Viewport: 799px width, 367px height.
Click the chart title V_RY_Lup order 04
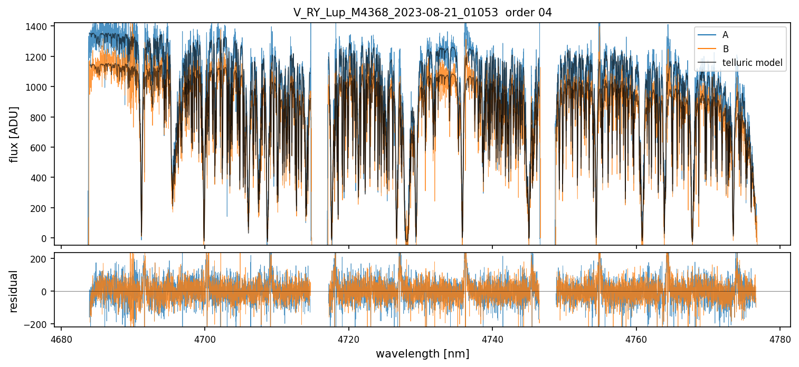point(422,13)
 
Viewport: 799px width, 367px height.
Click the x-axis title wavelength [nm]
point(422,354)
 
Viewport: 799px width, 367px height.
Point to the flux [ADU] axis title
point(14,134)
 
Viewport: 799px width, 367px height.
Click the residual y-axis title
point(14,291)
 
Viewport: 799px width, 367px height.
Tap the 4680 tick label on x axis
point(61,339)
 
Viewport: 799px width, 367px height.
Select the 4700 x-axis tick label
point(205,339)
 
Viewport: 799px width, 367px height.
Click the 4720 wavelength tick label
point(348,339)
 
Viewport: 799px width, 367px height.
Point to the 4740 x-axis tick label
point(492,339)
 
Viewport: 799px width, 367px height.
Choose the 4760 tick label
point(636,339)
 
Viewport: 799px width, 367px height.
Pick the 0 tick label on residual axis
point(46,291)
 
